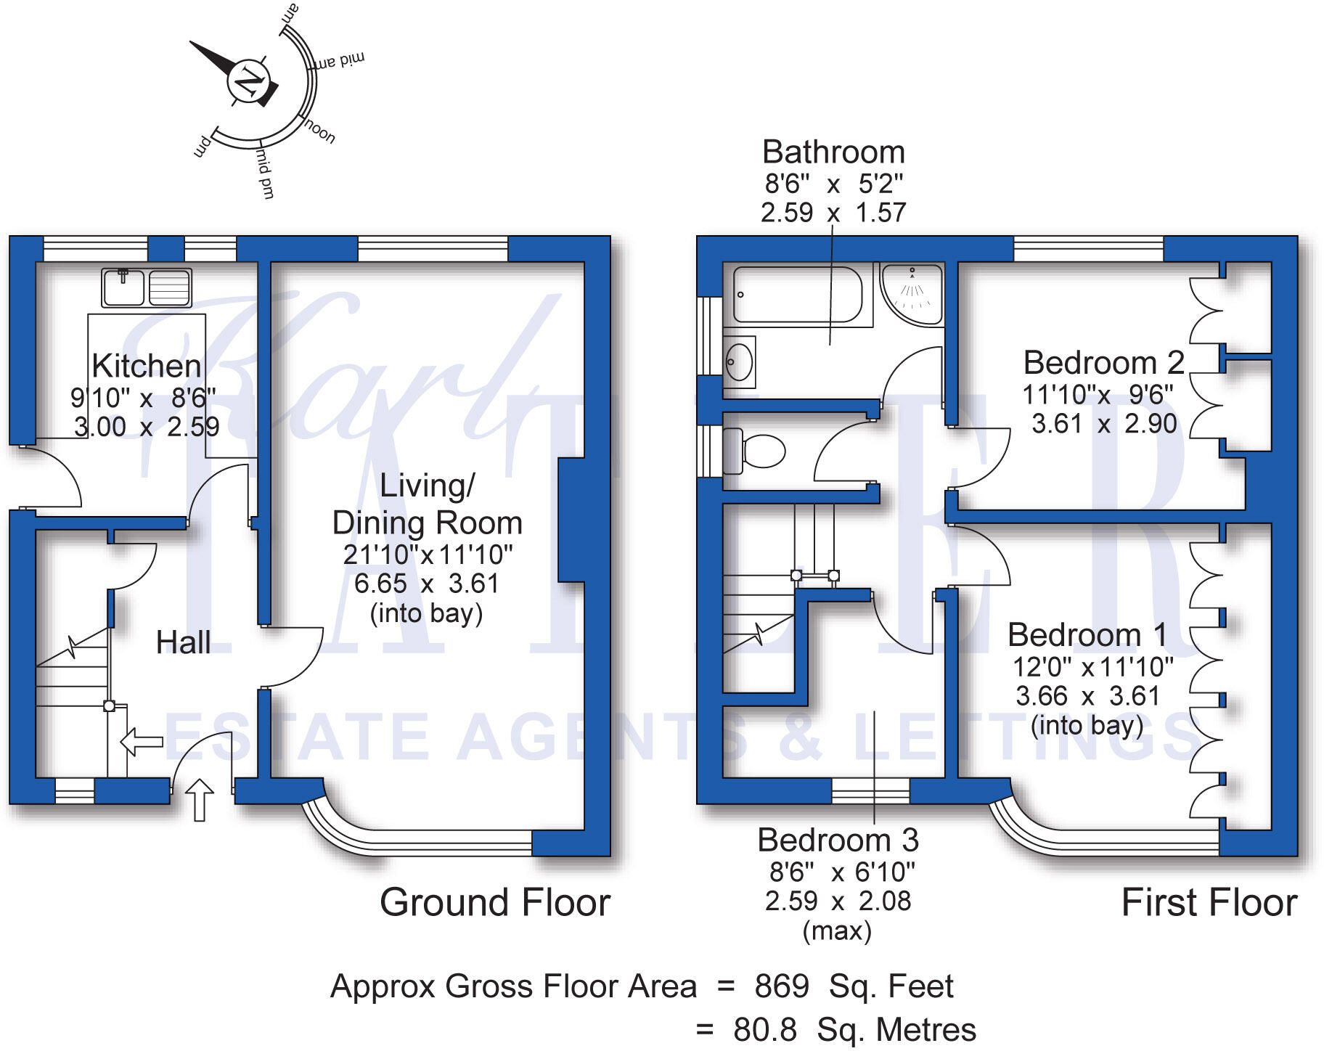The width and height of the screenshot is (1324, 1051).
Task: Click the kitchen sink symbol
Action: click(147, 287)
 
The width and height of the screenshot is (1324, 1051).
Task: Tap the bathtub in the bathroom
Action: click(797, 295)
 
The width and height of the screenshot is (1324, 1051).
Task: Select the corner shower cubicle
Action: click(912, 293)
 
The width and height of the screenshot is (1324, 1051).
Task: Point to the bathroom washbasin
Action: click(740, 361)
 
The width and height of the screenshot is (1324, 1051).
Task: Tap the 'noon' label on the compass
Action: click(319, 132)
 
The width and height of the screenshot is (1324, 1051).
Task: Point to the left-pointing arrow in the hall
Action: click(141, 742)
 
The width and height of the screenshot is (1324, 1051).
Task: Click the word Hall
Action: click(183, 643)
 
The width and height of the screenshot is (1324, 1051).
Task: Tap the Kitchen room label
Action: click(147, 366)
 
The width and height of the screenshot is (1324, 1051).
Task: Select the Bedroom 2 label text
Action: click(1103, 362)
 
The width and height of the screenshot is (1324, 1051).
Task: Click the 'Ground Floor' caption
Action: click(494, 902)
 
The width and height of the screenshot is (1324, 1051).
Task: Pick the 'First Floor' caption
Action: click(1209, 902)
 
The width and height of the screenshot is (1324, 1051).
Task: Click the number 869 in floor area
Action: click(782, 986)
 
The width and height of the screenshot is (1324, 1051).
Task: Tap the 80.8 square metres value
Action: click(764, 1030)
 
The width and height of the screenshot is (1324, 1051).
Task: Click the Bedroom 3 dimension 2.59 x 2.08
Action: click(838, 901)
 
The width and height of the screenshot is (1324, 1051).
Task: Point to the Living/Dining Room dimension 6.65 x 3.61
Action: click(427, 584)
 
